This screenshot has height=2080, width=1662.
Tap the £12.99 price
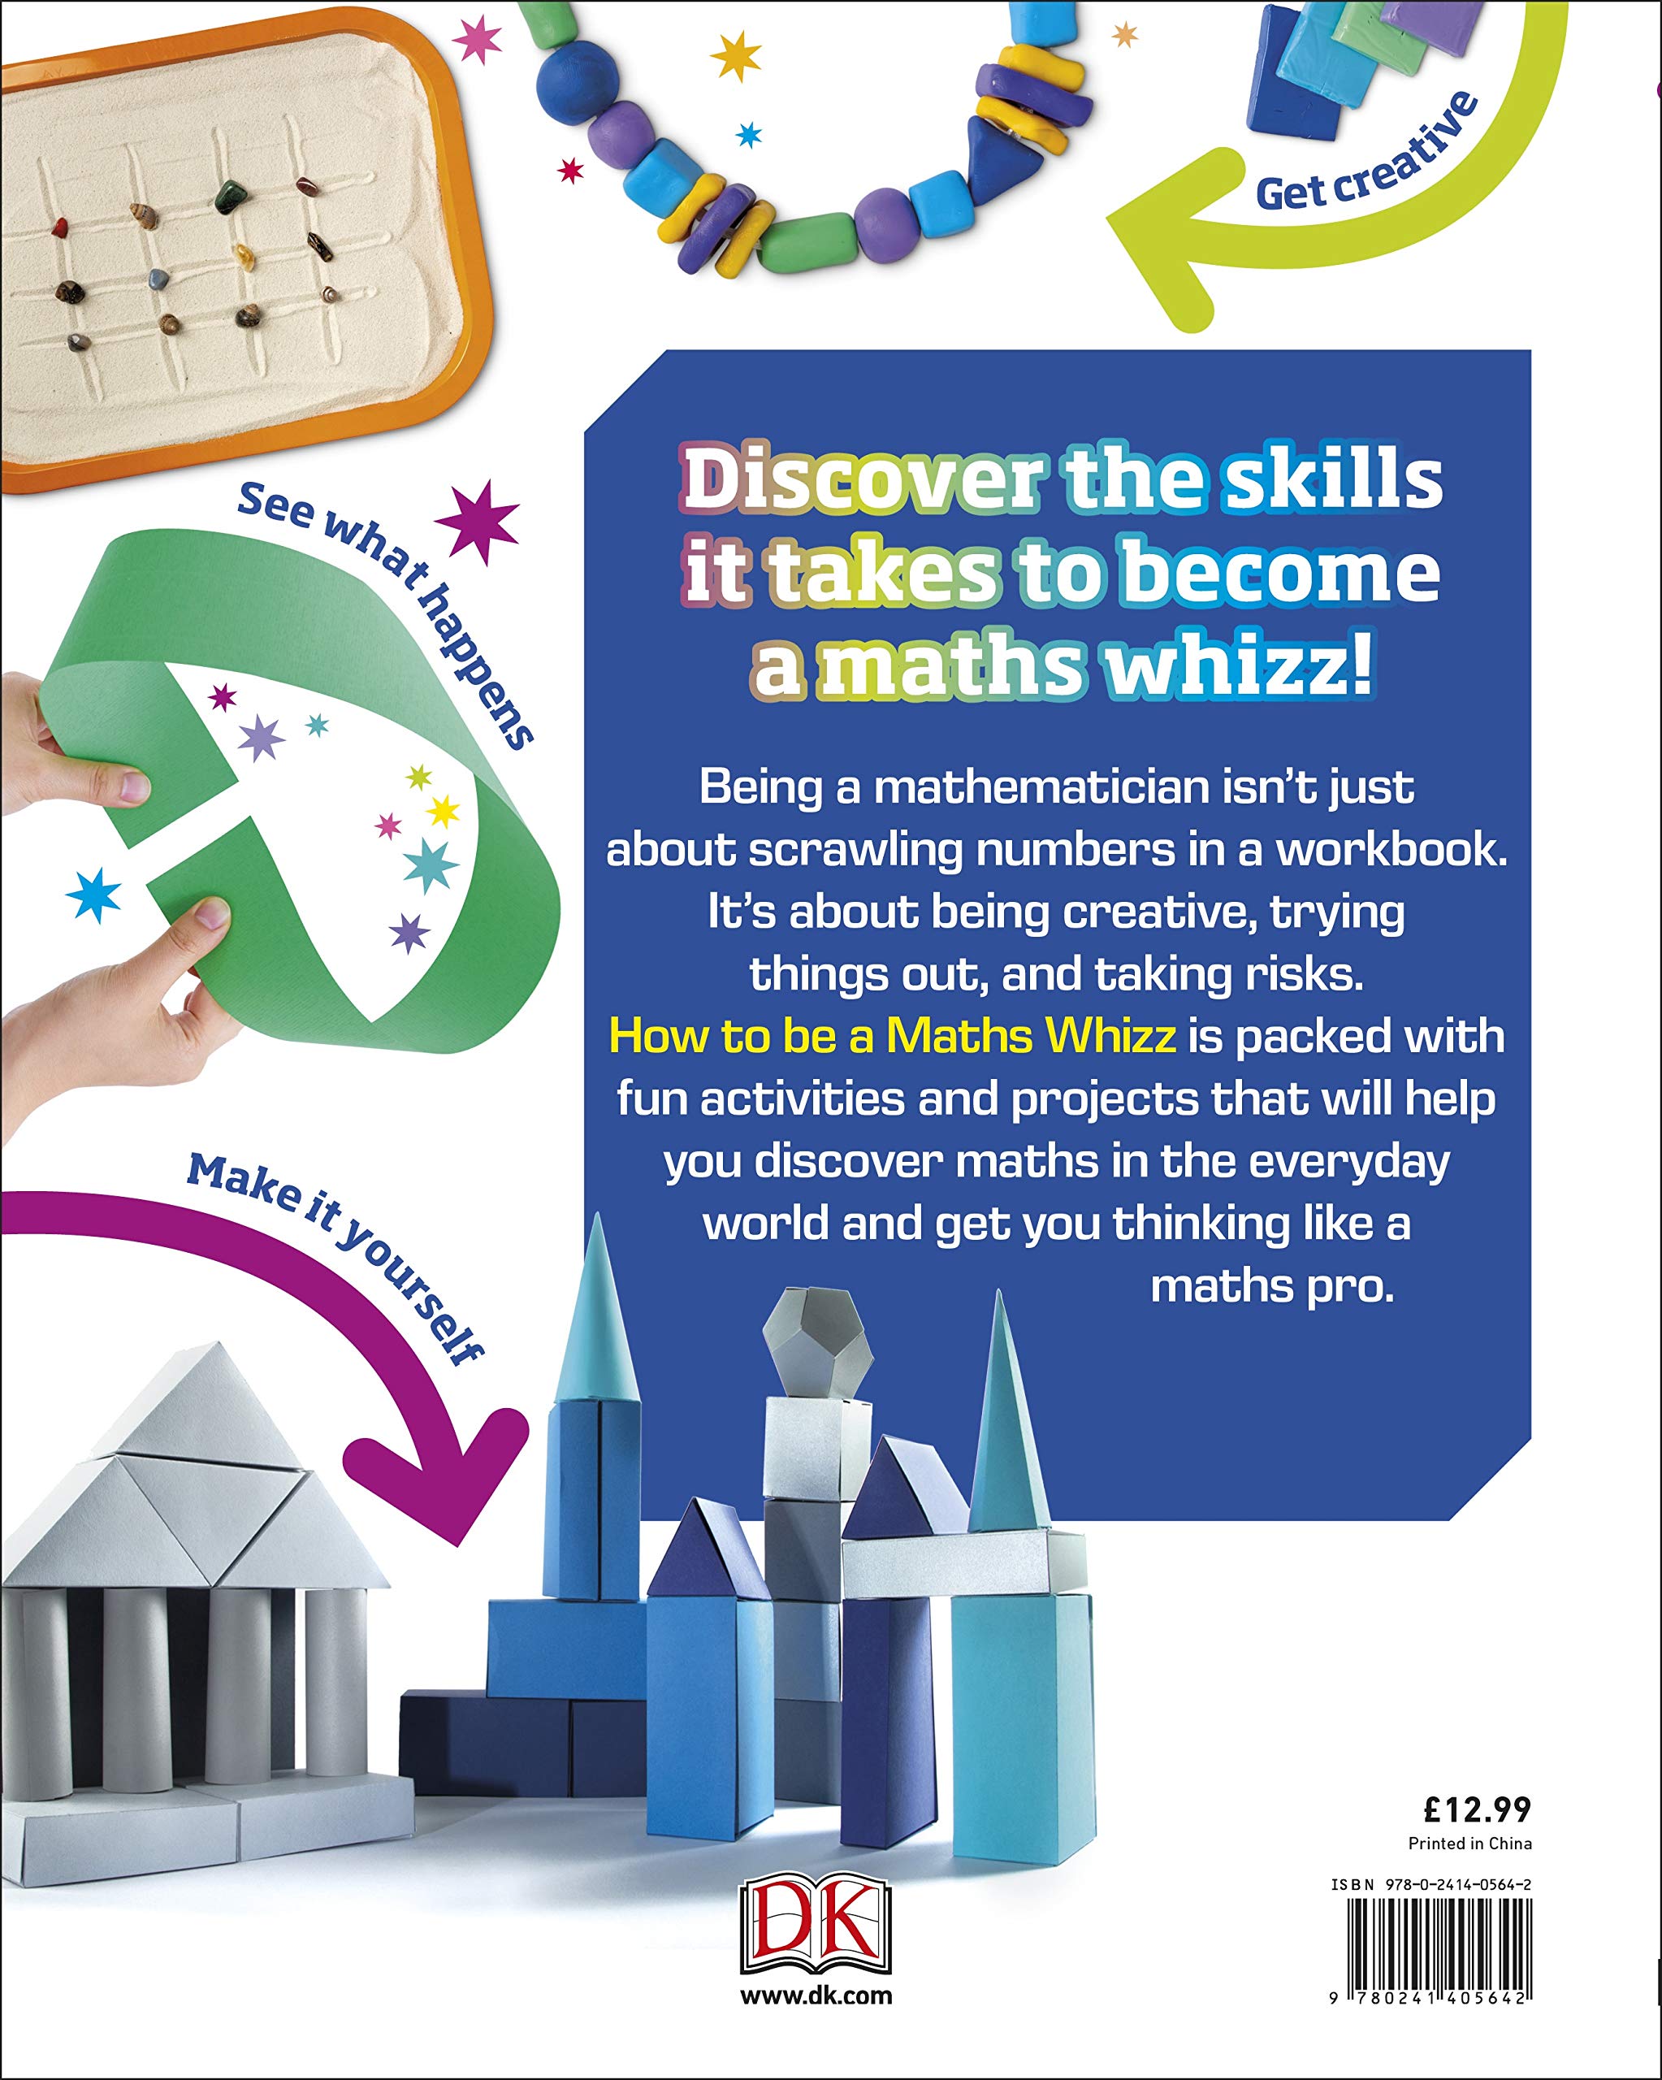click(x=1477, y=1809)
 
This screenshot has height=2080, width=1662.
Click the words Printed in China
click(x=1470, y=1844)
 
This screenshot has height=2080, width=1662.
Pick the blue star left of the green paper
click(x=94, y=895)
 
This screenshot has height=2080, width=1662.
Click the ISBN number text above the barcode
click(x=1431, y=1883)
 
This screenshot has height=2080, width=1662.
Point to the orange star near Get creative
click(x=1125, y=36)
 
